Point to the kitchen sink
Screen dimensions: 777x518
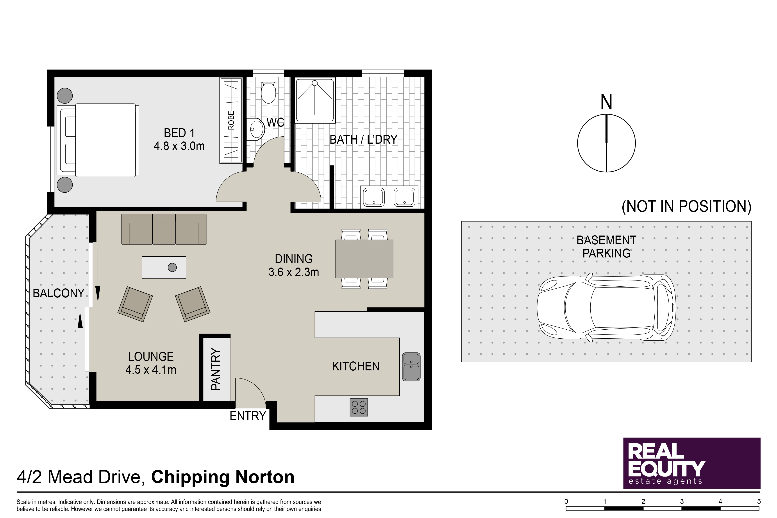point(411,367)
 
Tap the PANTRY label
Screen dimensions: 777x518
point(216,369)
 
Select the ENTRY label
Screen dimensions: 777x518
point(248,416)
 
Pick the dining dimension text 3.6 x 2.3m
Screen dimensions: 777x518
point(294,272)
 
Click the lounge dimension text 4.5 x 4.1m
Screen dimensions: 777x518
point(151,370)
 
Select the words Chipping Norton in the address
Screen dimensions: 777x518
point(223,477)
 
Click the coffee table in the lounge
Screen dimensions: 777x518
point(164,267)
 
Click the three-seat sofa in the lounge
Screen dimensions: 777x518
point(164,229)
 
